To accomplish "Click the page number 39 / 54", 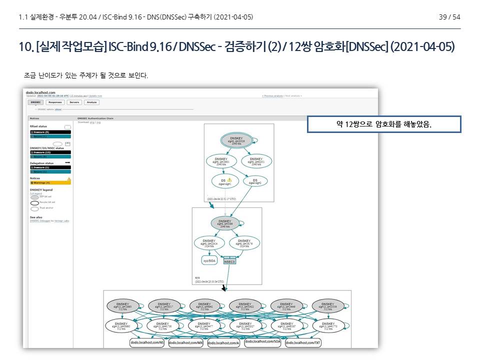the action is pyautogui.click(x=449, y=17).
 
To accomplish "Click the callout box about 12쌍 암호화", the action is pyautogui.click(x=383, y=124).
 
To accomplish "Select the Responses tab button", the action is pyautogui.click(x=55, y=102).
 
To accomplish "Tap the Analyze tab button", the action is pyautogui.click(x=92, y=102).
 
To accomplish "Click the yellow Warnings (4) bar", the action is pyautogui.click(x=50, y=182).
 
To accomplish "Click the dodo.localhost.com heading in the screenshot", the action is pyautogui.click(x=40, y=92).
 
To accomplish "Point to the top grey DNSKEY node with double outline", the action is pyautogui.click(x=236, y=140).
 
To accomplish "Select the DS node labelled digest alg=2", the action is pyautogui.click(x=255, y=181).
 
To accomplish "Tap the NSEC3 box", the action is pyautogui.click(x=229, y=260).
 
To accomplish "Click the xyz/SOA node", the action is pyautogui.click(x=209, y=260).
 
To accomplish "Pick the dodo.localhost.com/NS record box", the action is pyautogui.click(x=147, y=342).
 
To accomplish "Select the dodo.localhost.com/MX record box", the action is pyautogui.click(x=185, y=342).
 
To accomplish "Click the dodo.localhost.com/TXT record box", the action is pyautogui.click(x=303, y=342).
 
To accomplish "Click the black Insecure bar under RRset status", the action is pyautogui.click(x=50, y=132).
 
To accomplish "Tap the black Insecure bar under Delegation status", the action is pyautogui.click(x=50, y=167).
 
